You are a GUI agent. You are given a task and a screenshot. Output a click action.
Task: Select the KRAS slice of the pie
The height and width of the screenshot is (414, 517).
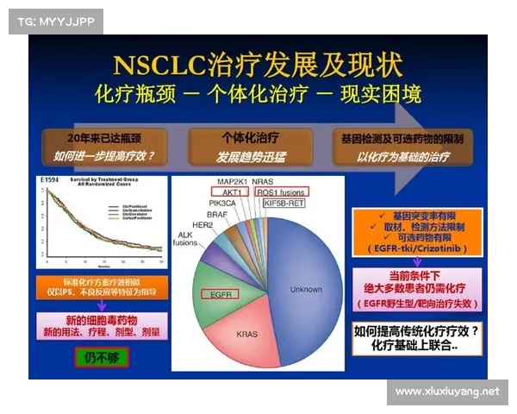(x=246, y=332)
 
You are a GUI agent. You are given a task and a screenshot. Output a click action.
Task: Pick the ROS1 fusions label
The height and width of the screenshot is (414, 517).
(x=282, y=192)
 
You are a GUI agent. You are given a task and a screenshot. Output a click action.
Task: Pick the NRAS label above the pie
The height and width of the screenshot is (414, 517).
(x=277, y=182)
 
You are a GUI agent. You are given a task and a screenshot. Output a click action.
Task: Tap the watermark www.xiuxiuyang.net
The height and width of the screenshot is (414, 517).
(x=447, y=392)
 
